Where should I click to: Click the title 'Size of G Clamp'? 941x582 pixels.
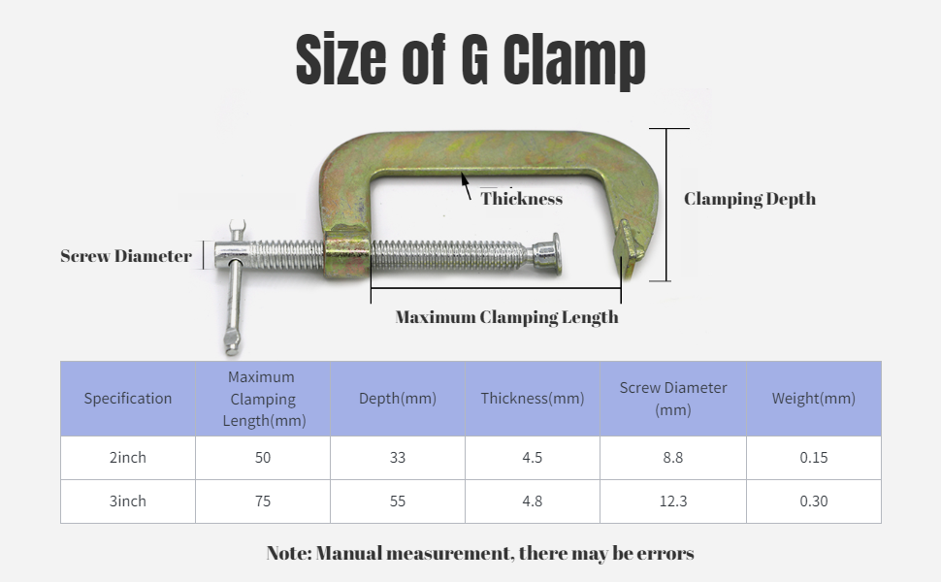click(x=470, y=59)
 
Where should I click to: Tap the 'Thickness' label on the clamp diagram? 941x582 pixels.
click(x=522, y=199)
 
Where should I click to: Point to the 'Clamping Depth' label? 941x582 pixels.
click(x=750, y=199)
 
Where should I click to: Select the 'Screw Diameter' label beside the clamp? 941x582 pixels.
click(x=126, y=256)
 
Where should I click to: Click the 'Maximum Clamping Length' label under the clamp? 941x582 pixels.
click(x=506, y=317)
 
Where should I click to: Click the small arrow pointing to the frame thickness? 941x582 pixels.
click(x=466, y=185)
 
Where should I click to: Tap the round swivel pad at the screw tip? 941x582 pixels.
click(x=548, y=254)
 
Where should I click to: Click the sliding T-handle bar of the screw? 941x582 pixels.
click(x=235, y=288)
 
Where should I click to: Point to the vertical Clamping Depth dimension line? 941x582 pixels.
click(x=666, y=205)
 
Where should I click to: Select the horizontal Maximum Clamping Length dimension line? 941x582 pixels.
click(x=496, y=288)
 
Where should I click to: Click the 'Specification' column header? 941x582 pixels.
click(x=128, y=399)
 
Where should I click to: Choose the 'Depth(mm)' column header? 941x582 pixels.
click(x=398, y=399)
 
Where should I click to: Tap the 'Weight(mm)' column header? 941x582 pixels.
click(x=814, y=399)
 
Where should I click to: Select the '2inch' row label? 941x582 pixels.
click(x=128, y=457)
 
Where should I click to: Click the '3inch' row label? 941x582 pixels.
click(x=128, y=501)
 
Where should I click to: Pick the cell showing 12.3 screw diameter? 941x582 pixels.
click(x=673, y=501)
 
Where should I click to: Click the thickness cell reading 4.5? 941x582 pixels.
click(x=533, y=457)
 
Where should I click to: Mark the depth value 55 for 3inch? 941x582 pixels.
click(x=398, y=501)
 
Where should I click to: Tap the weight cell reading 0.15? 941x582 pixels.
click(x=814, y=457)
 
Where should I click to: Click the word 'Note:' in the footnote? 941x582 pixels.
click(x=289, y=553)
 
